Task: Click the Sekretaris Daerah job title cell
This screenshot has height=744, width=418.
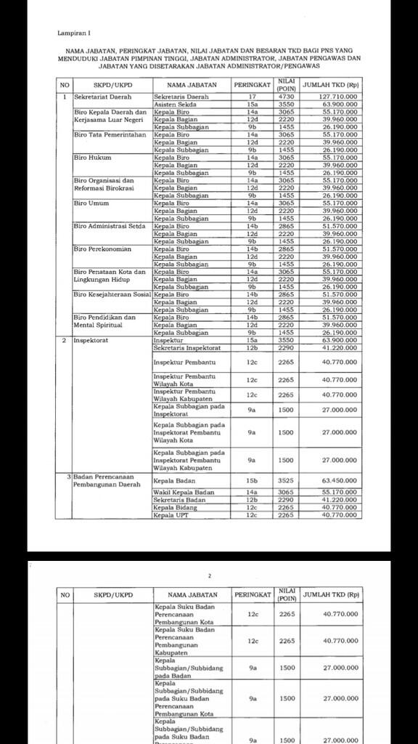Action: [x=181, y=97]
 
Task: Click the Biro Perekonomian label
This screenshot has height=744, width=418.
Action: [x=102, y=248]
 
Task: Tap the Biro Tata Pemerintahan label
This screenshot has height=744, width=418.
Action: [x=110, y=134]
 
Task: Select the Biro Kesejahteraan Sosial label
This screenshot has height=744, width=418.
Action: [x=112, y=294]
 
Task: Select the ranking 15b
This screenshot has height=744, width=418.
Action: [x=252, y=480]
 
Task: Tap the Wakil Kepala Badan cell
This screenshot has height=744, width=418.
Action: [x=181, y=493]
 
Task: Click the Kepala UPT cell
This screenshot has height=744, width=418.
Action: [x=172, y=515]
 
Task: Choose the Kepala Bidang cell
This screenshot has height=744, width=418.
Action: [x=175, y=508]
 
